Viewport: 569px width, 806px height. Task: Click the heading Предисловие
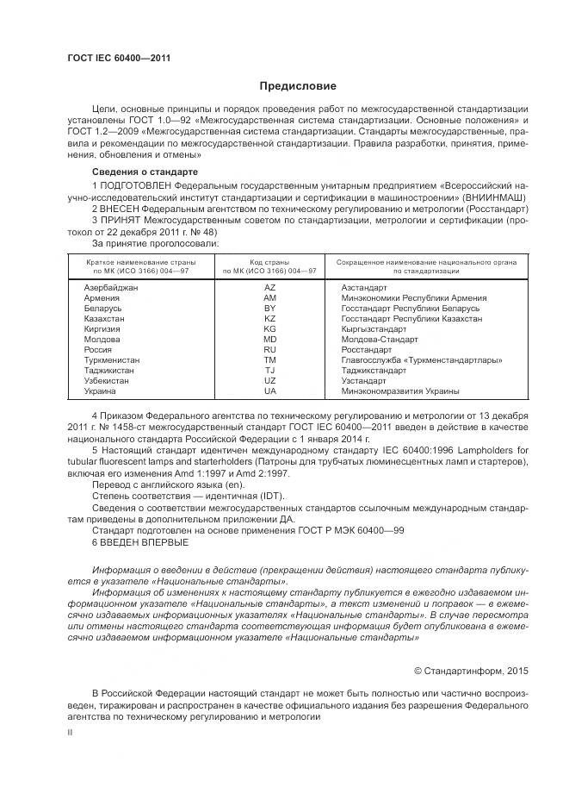(299, 86)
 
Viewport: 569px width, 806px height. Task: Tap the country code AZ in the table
(269, 286)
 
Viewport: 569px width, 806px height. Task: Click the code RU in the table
(269, 350)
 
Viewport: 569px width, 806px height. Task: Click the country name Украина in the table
(100, 391)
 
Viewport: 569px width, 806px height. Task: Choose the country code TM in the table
(269, 360)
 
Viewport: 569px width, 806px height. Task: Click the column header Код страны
(269, 260)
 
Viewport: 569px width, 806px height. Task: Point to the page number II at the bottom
(70, 732)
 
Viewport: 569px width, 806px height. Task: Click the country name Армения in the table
(101, 297)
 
